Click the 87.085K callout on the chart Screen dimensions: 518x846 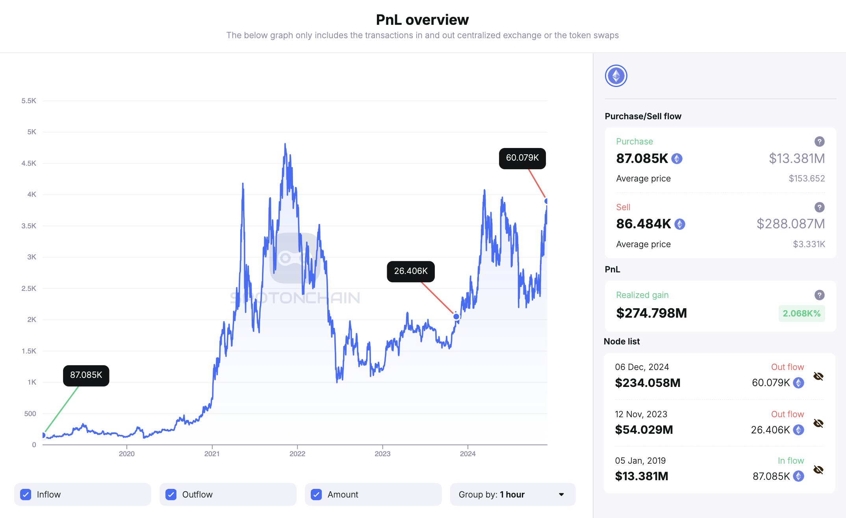tap(86, 375)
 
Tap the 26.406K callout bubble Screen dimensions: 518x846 tap(410, 271)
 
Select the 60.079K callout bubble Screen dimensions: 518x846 tap(522, 158)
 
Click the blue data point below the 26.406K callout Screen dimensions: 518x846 tap(456, 316)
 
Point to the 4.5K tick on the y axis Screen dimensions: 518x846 tap(29, 163)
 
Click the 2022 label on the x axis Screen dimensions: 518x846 tap(297, 454)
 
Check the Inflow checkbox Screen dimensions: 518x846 tap(26, 494)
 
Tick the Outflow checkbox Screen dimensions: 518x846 tap(171, 494)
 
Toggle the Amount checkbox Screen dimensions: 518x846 tap(316, 494)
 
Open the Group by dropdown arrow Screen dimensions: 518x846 tap(561, 494)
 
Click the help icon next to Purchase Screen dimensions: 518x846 tap(819, 141)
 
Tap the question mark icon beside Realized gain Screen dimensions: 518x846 tap(819, 295)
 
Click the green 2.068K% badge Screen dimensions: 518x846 tap(801, 313)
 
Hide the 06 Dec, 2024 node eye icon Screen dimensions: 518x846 tap(818, 376)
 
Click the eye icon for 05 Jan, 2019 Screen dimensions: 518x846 tap(818, 470)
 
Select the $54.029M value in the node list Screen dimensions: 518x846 tap(644, 430)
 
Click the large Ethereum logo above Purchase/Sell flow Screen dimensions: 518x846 tap(616, 76)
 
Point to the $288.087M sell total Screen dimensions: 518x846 tap(790, 224)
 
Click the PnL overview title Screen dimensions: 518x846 tap(422, 20)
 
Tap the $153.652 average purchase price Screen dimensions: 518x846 tap(806, 179)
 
